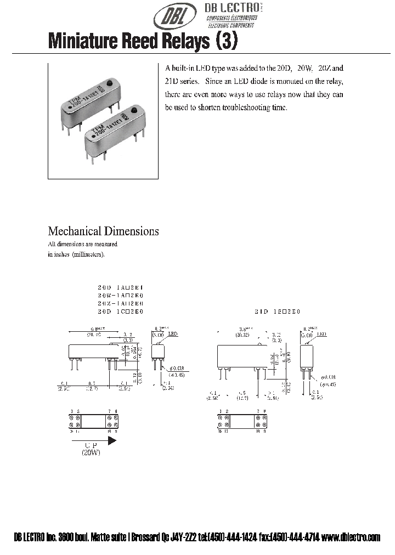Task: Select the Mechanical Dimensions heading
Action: (103, 231)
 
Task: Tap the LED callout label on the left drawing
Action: (173, 333)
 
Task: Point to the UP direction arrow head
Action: (112, 439)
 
